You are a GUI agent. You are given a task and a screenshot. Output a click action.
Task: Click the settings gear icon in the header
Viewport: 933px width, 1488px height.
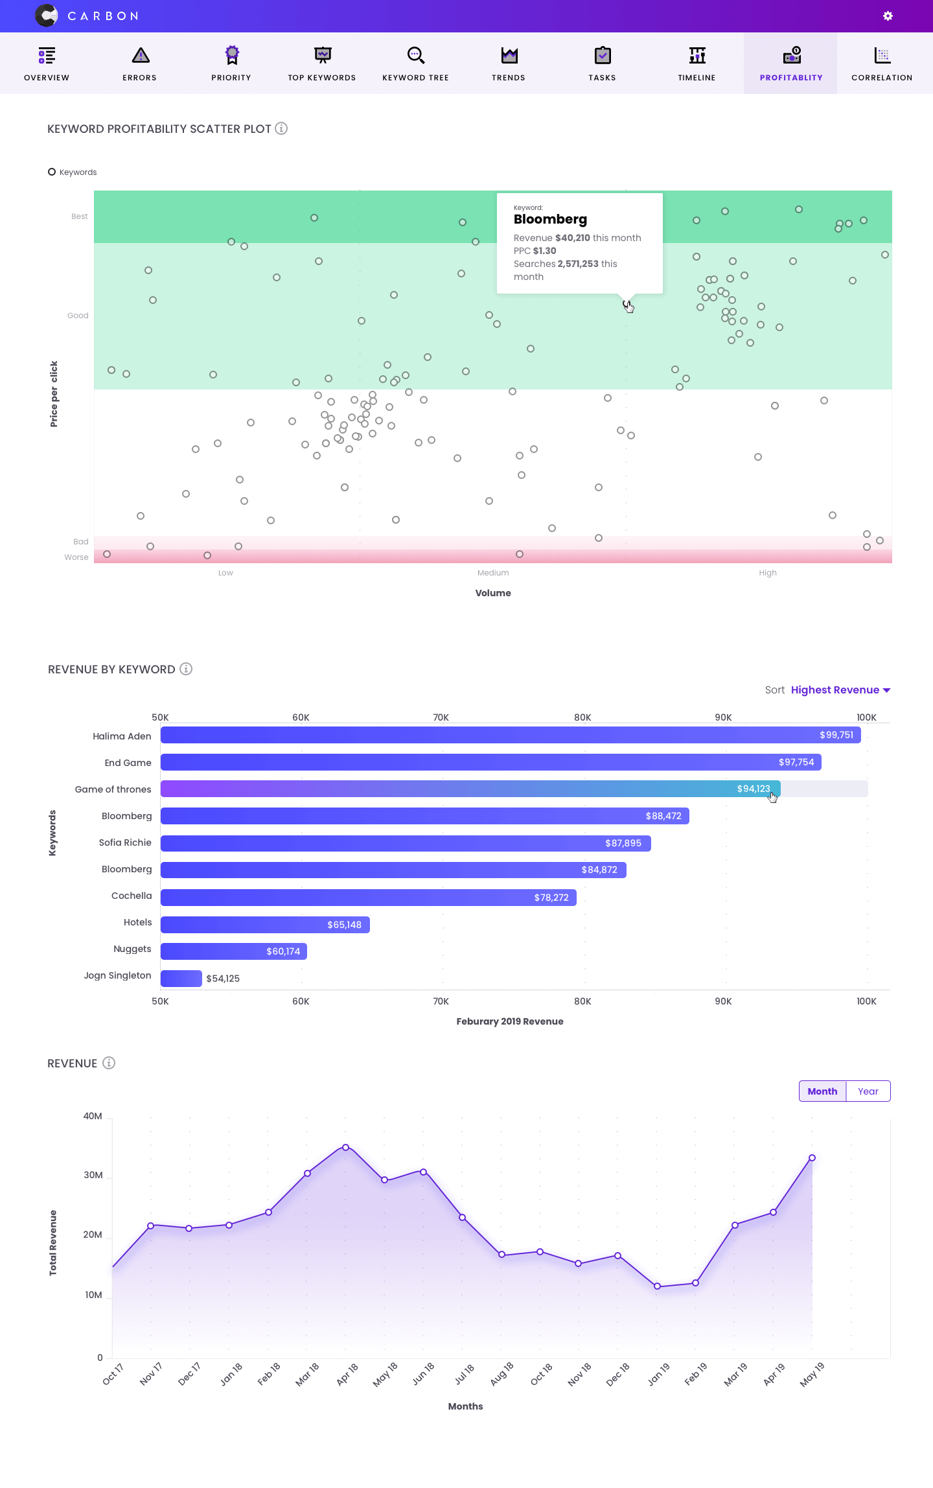[888, 16]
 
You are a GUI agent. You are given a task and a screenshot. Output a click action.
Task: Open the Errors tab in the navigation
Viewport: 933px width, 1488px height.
[140, 64]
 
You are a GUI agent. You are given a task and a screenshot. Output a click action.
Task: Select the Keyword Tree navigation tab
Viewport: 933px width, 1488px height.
[415, 64]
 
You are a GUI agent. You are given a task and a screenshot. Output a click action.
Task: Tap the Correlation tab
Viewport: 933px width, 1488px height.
[882, 64]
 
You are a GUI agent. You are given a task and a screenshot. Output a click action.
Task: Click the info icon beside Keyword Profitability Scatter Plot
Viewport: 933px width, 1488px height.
[281, 128]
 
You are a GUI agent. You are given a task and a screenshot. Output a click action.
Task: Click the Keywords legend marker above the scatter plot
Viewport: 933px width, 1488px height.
[52, 172]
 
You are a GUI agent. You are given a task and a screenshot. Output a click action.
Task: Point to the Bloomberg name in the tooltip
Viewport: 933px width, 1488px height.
[550, 219]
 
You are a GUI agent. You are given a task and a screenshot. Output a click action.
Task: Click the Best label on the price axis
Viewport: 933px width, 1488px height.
[80, 216]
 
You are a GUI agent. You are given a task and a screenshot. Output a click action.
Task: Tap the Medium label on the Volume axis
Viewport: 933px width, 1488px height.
[493, 573]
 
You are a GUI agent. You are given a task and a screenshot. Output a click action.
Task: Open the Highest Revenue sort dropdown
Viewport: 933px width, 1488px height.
[840, 690]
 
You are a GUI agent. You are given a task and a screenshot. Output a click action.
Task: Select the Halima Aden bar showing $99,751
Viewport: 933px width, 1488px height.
[511, 735]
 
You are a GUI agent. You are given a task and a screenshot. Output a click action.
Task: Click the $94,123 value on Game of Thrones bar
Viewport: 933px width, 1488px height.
[753, 789]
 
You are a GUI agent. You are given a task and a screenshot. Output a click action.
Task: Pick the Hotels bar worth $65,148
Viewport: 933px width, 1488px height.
[265, 925]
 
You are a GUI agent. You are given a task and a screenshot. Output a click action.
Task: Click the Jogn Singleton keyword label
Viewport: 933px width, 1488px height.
[117, 975]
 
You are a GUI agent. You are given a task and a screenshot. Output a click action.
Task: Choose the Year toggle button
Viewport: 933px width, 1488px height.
[868, 1091]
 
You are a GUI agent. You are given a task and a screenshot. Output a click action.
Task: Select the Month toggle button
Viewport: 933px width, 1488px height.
[822, 1091]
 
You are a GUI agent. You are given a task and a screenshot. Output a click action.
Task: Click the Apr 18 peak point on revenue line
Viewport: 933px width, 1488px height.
[345, 1147]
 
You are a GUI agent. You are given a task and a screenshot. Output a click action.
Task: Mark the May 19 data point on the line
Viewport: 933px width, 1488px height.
[812, 1157]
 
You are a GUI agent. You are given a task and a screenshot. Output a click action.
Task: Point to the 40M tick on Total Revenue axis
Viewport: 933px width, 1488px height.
[93, 1116]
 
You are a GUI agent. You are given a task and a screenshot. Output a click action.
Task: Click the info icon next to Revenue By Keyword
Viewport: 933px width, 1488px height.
[186, 669]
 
